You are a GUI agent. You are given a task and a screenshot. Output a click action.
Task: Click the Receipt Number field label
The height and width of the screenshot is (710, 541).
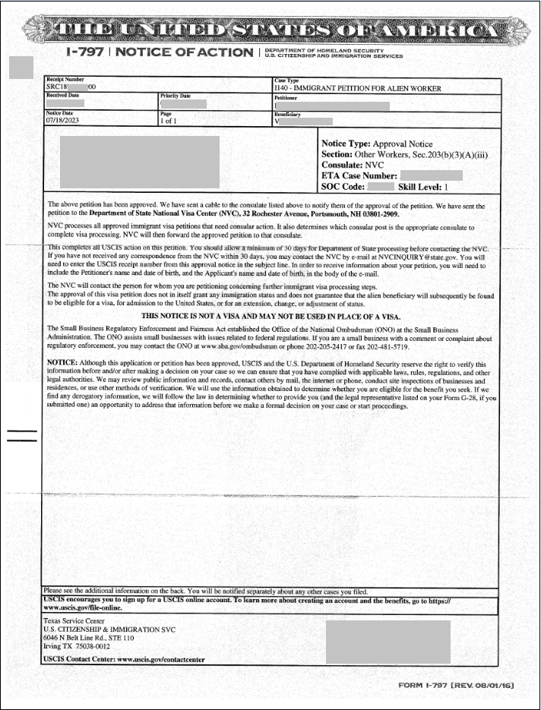coord(65,80)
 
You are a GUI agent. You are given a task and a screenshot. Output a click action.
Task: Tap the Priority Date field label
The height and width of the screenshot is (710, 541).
coord(176,96)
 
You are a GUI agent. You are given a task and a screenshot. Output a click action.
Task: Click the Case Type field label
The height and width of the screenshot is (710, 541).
coord(286,80)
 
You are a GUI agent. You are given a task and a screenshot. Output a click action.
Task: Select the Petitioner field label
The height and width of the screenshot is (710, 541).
coord(286,98)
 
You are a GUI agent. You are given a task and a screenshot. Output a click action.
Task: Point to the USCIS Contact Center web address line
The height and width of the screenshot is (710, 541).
coord(124,659)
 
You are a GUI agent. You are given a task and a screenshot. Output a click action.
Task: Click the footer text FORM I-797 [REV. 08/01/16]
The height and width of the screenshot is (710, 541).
coord(456,686)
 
